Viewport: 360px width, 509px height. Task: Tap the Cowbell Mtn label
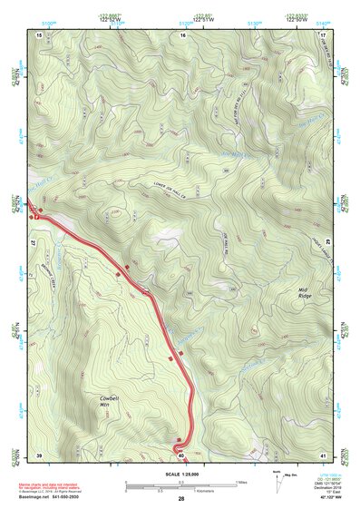coord(110,401)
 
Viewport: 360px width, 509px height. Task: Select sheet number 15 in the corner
coord(39,34)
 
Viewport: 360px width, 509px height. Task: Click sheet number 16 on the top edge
coord(182,34)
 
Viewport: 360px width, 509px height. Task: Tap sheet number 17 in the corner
coord(324,34)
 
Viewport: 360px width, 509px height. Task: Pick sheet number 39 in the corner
coord(39,454)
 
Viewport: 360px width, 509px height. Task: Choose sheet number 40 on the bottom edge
coord(181,454)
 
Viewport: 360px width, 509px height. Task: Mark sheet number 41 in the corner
coord(324,454)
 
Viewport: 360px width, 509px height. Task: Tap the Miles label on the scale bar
coord(241,482)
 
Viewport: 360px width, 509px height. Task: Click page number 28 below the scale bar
coord(181,500)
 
